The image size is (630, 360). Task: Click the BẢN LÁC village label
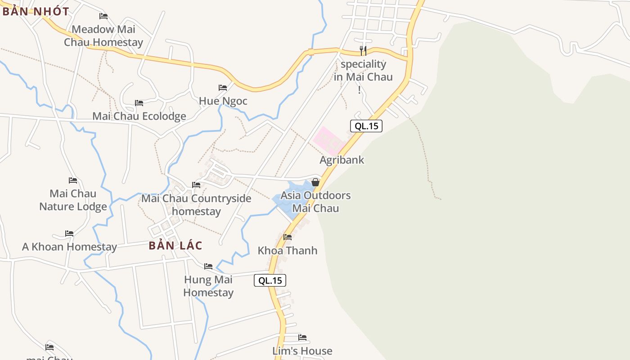[x=175, y=246]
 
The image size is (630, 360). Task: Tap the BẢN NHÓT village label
[x=36, y=12]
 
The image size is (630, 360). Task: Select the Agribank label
[x=342, y=160]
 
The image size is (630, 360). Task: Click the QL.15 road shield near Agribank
[x=366, y=126]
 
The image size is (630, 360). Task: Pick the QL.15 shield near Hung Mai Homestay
[x=270, y=280]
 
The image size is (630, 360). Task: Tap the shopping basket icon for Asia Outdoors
[x=315, y=182]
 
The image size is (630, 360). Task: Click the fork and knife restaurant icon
[x=363, y=50]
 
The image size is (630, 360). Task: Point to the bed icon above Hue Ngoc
[x=223, y=87]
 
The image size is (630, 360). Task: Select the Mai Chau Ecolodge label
[x=139, y=116]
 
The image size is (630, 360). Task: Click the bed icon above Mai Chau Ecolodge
[x=139, y=103]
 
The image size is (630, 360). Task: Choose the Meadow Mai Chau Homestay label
[x=103, y=36]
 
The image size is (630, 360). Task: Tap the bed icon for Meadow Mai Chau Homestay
[x=103, y=16]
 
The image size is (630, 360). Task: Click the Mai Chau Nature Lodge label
[x=73, y=200]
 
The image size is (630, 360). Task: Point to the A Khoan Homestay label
[x=69, y=247]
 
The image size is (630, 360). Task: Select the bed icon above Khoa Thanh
[x=288, y=237]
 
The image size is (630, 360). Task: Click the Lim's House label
[x=302, y=351]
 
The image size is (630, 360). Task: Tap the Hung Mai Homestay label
[x=208, y=286]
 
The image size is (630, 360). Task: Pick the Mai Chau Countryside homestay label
[x=196, y=205]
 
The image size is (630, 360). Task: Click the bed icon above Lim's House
[x=302, y=337]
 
